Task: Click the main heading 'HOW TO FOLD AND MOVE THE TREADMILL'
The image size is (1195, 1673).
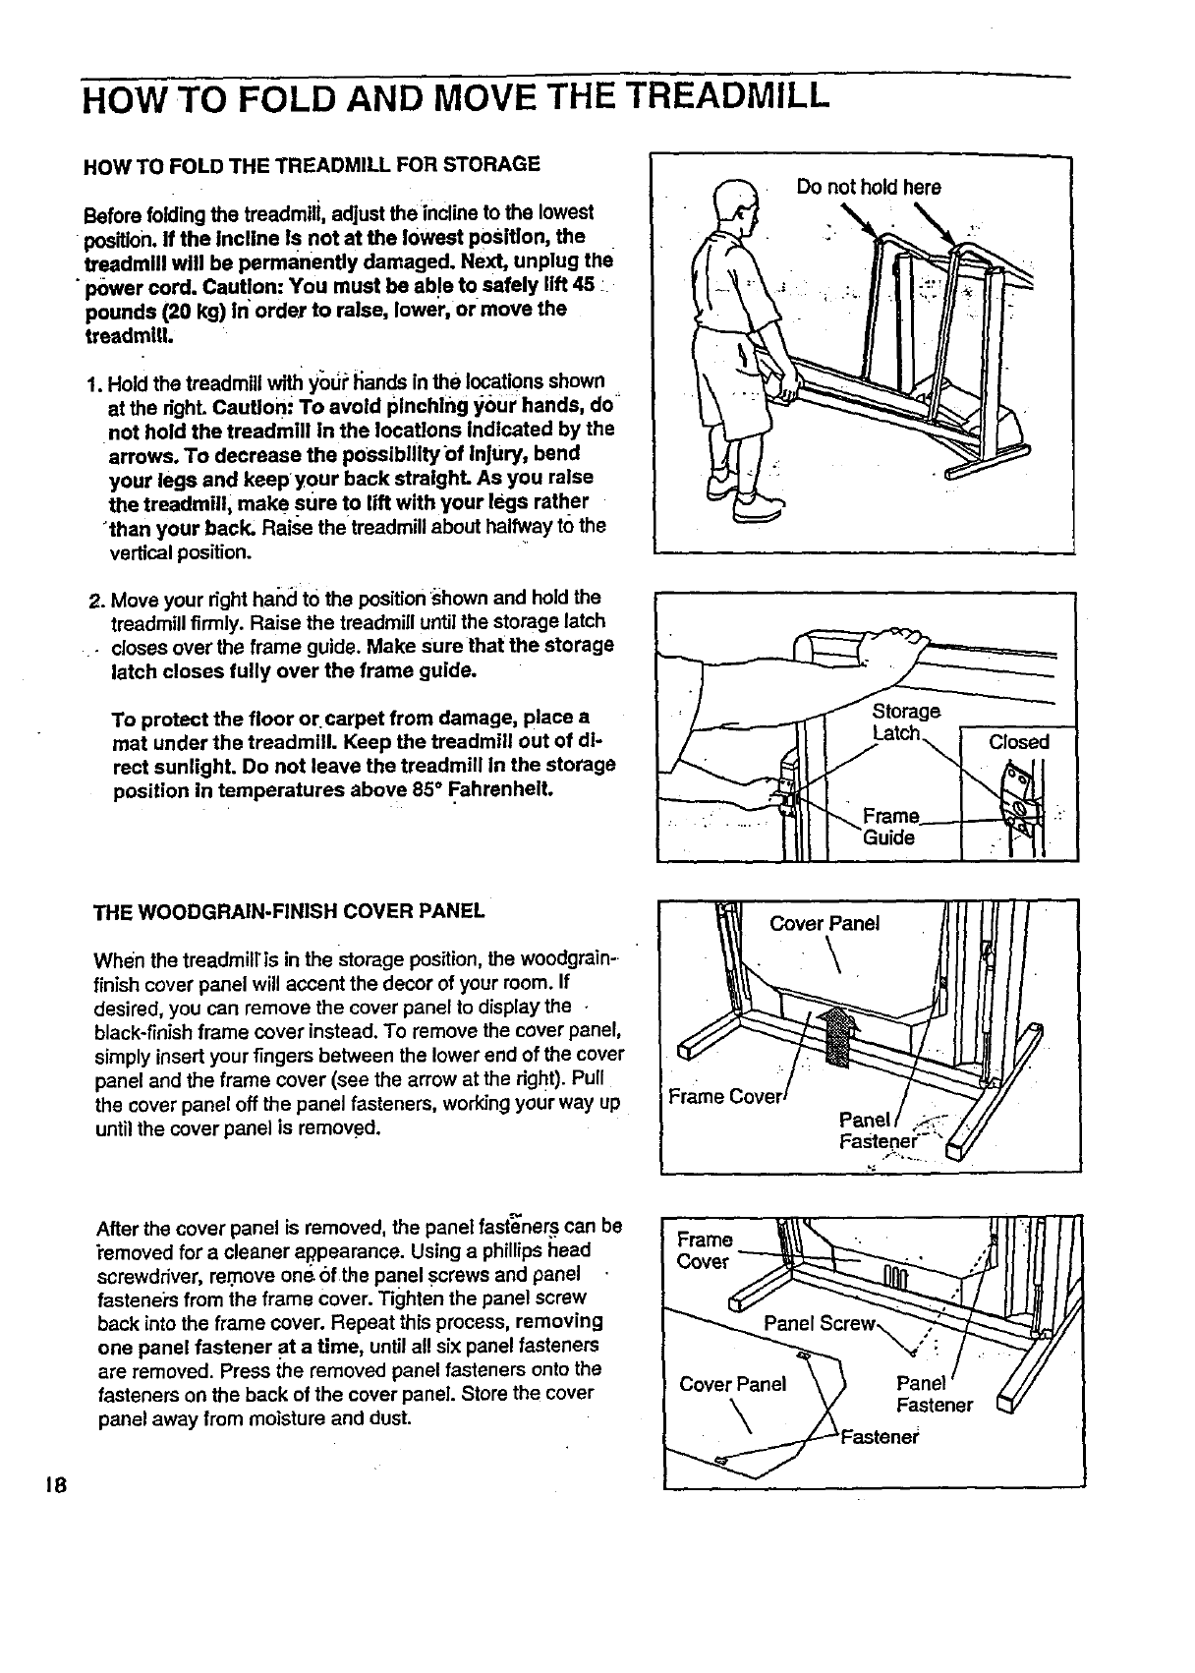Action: tap(456, 97)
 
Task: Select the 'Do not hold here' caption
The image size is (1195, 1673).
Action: tap(869, 187)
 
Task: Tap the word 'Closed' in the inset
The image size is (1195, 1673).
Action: tap(1019, 742)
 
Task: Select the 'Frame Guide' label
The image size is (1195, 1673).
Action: tap(889, 827)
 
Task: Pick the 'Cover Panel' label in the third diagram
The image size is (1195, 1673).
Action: tap(825, 923)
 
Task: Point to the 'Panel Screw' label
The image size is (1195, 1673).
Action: tap(818, 1322)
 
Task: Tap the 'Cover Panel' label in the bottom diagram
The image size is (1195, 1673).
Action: tap(733, 1384)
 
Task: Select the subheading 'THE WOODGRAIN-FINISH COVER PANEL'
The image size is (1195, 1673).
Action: tap(289, 910)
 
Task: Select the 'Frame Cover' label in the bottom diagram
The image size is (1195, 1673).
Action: tap(704, 1250)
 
